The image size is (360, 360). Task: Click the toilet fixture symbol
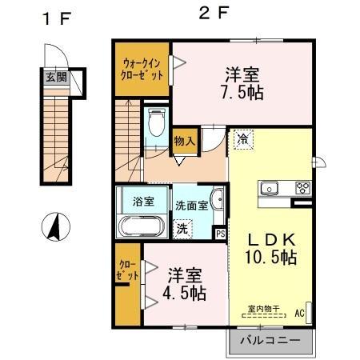[x=157, y=122]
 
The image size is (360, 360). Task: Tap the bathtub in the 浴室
[x=141, y=226]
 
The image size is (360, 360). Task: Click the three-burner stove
[x=303, y=187]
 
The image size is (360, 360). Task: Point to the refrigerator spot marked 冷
[x=243, y=140]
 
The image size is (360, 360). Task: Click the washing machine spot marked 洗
[x=182, y=229]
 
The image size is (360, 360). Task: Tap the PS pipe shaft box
[x=220, y=234]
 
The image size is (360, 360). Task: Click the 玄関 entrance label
[x=56, y=78]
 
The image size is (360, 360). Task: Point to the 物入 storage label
[x=185, y=141]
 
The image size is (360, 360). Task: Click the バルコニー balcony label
[x=270, y=341]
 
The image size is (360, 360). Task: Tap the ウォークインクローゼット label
[x=142, y=70]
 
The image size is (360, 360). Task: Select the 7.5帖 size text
[x=242, y=93]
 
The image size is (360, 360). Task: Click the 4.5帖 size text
[x=184, y=294]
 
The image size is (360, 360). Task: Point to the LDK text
[x=272, y=239]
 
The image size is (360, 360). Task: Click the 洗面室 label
[x=191, y=206]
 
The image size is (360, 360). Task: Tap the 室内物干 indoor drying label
[x=263, y=309]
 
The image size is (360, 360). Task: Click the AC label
[x=299, y=313]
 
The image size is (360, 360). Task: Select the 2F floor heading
[x=214, y=14]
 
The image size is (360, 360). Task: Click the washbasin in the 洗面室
[x=218, y=198]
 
